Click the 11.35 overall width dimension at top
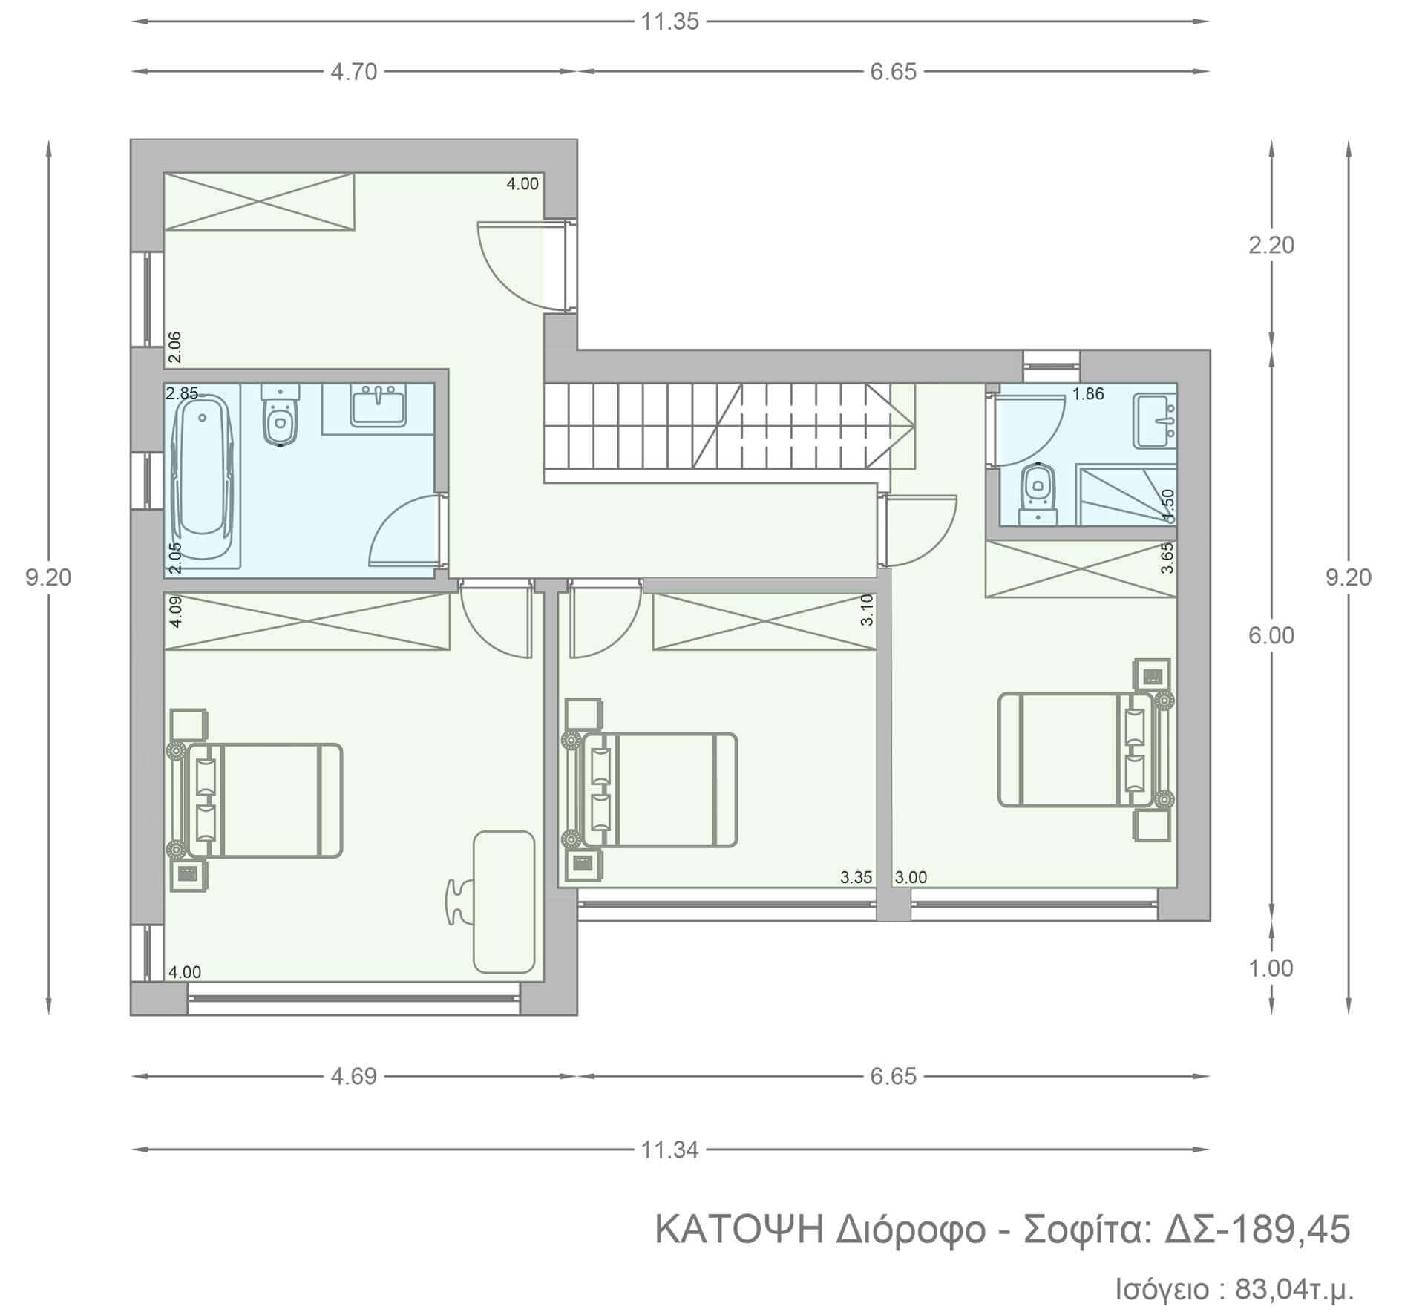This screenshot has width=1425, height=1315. [669, 22]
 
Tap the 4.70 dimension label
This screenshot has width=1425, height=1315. [354, 72]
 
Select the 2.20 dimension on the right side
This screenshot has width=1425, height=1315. [1271, 245]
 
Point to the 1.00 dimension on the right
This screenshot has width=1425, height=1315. [1271, 968]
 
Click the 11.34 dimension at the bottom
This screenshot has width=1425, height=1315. [669, 1150]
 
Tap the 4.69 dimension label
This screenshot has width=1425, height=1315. [354, 1076]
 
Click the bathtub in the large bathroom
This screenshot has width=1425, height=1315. [203, 475]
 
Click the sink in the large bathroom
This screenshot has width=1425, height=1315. [379, 406]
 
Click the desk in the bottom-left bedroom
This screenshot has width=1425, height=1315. [504, 902]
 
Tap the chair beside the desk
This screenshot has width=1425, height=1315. [458, 901]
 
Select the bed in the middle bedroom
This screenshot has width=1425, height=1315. [661, 790]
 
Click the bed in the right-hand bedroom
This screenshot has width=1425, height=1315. [1076, 750]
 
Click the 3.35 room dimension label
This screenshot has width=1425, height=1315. [856, 877]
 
